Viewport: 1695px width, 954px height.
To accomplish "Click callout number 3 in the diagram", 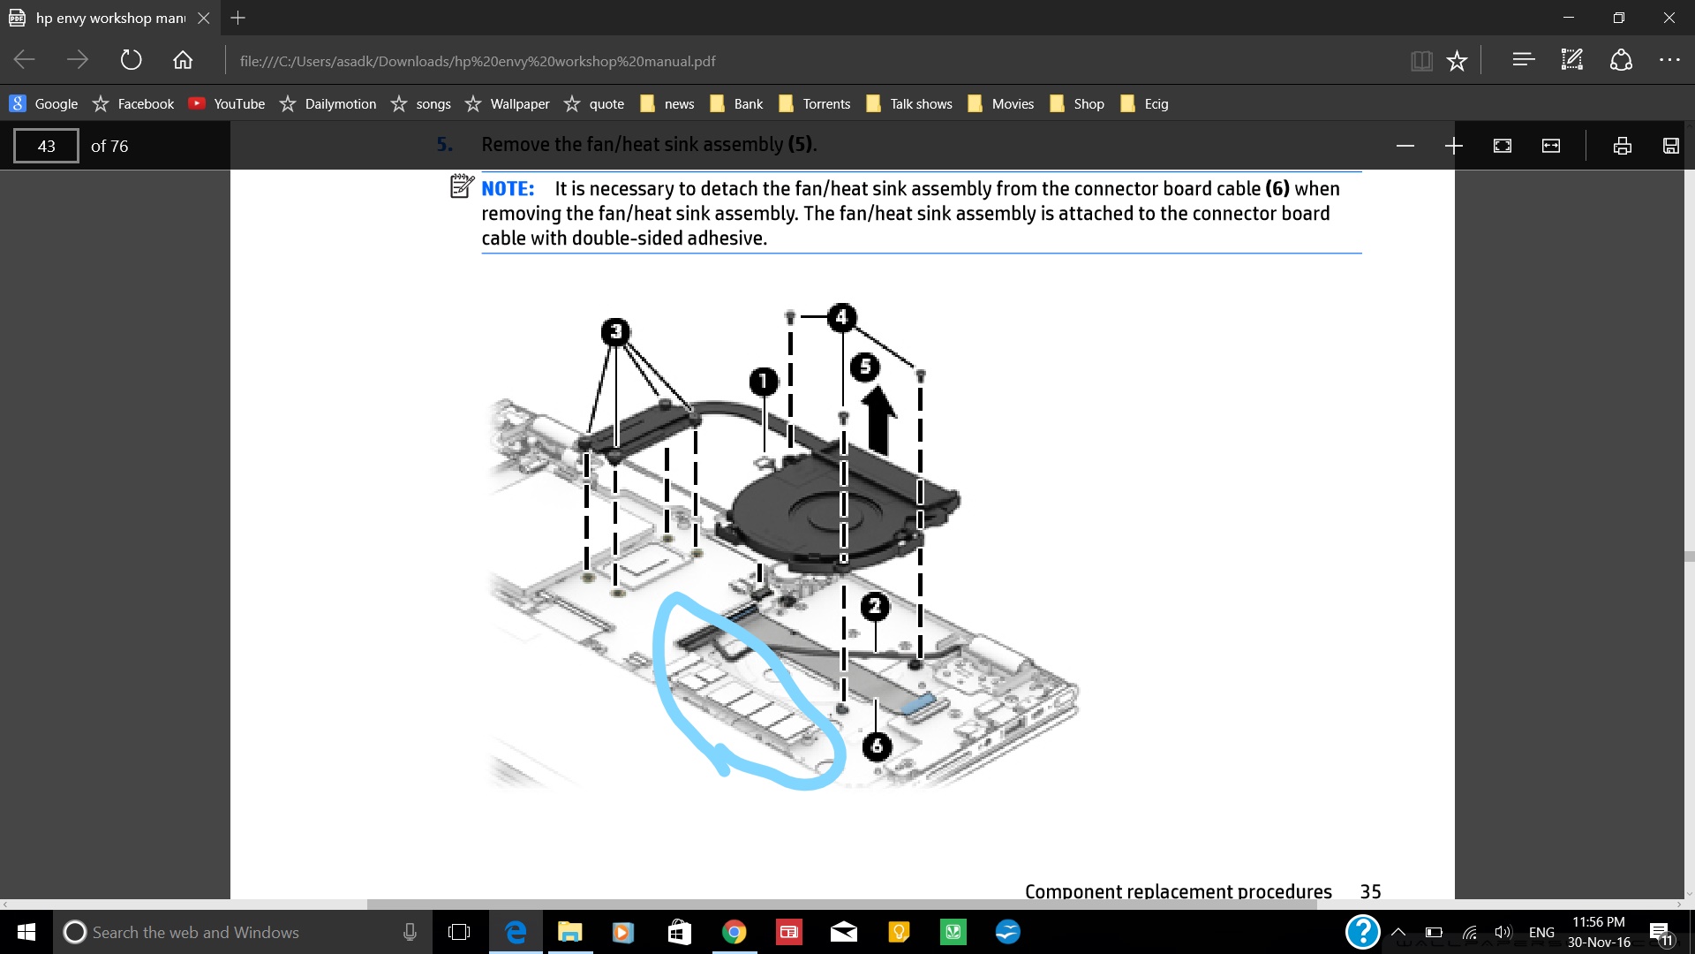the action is [x=616, y=331].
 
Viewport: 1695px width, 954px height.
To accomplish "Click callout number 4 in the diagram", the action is [x=842, y=316].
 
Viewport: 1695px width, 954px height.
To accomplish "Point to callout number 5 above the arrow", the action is [x=865, y=367].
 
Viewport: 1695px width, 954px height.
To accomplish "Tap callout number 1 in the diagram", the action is [x=764, y=382].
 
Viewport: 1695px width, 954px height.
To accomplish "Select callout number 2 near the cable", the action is [x=875, y=606].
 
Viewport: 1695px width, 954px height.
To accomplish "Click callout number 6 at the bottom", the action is [x=877, y=746].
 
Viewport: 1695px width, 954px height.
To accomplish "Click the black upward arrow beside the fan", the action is [x=879, y=421].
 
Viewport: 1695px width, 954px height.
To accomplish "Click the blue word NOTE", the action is [x=508, y=188].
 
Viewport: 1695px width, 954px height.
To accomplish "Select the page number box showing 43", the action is [x=46, y=146].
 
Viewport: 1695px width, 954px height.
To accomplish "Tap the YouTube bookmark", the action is [x=227, y=103].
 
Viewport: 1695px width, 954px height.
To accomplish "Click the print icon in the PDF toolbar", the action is [x=1622, y=146].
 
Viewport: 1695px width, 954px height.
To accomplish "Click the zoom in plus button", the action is [x=1454, y=146].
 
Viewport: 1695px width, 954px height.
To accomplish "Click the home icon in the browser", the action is [x=183, y=60].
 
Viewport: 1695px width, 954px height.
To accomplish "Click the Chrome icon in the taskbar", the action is [x=734, y=932].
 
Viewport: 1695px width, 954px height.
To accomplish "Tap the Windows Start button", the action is [x=26, y=932].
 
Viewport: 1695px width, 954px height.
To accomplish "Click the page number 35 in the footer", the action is [x=1370, y=891].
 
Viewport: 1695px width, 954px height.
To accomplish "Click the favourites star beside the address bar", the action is [x=1457, y=60].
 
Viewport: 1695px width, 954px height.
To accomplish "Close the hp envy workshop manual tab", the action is [x=203, y=18].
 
